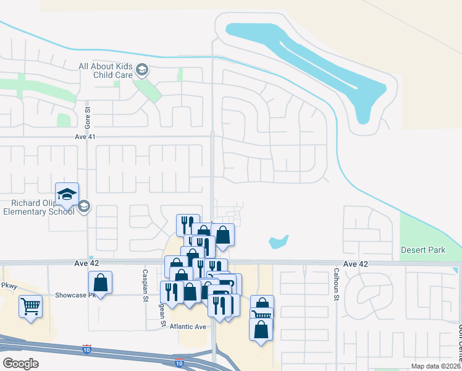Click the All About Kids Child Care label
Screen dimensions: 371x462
[106, 70]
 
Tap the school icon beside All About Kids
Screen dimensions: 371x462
[142, 70]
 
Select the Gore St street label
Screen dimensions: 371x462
[88, 114]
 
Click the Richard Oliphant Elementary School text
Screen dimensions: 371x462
[38, 207]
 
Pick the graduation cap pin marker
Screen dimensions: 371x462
[67, 195]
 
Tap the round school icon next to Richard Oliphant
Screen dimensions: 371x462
[85, 207]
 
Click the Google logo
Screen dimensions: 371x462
[21, 364]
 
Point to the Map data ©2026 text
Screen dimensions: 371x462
[435, 366]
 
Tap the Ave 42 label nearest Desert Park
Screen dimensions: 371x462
[355, 264]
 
